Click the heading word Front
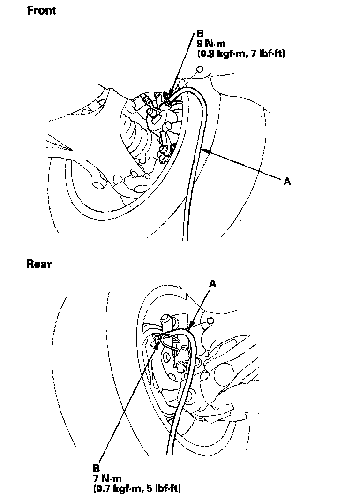click(41, 10)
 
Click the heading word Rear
click(39, 264)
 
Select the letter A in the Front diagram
click(288, 182)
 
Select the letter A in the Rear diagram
click(213, 283)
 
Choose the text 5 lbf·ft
click(164, 488)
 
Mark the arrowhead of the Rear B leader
click(161, 337)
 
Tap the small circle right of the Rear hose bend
click(210, 320)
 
